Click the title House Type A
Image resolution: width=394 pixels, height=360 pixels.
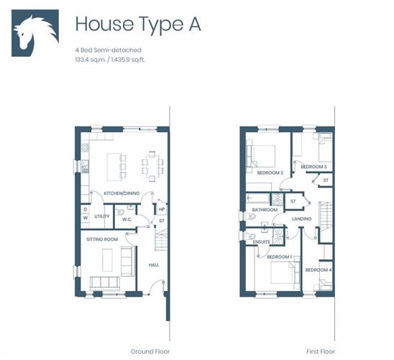pos(137,24)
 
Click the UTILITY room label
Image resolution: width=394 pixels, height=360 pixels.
pos(101,216)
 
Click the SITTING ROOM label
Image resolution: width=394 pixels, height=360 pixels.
pos(102,238)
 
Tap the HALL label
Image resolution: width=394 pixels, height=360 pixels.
pos(154,264)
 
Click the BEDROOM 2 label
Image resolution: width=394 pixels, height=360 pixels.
pos(270,172)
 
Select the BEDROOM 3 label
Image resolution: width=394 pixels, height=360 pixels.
pos(313,167)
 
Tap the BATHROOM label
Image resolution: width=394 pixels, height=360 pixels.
pos(265,210)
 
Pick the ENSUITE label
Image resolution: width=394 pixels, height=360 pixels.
pos(262,242)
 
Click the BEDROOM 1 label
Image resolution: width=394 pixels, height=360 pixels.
pos(279,257)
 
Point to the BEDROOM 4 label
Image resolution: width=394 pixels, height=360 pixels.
pos(319,269)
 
